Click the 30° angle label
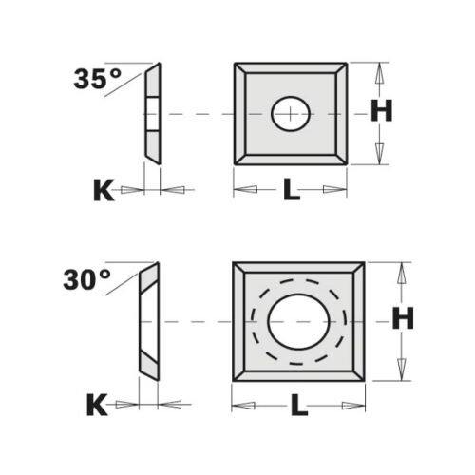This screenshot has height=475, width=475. pos(87,280)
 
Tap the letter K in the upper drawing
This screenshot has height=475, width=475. pos(104,191)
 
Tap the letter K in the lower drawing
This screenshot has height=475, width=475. pos(97,407)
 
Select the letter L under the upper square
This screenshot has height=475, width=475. pos(292,191)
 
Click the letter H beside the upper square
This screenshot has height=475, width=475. pos(381,112)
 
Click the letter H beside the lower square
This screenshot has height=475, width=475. pos(404,321)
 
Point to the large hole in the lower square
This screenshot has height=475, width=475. pos(297,321)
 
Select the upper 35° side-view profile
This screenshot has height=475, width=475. pos(152,114)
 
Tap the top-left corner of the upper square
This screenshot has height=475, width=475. pos(237,66)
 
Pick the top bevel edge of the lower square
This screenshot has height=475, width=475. pos(298,269)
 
